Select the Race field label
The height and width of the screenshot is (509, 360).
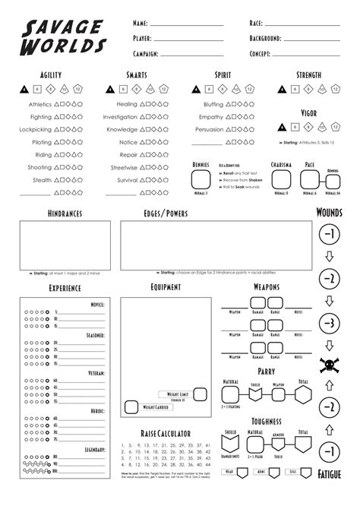click(x=256, y=24)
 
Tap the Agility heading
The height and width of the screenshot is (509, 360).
click(x=50, y=74)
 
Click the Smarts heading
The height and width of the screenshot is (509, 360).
click(x=137, y=74)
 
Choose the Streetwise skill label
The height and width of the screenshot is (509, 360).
click(x=123, y=167)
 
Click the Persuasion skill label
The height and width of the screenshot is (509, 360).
click(x=210, y=129)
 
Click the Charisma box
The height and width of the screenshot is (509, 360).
click(x=282, y=182)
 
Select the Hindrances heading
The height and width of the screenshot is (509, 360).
click(x=64, y=215)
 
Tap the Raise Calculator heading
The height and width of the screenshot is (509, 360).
click(x=166, y=433)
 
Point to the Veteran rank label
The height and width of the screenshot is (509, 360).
click(x=96, y=374)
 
